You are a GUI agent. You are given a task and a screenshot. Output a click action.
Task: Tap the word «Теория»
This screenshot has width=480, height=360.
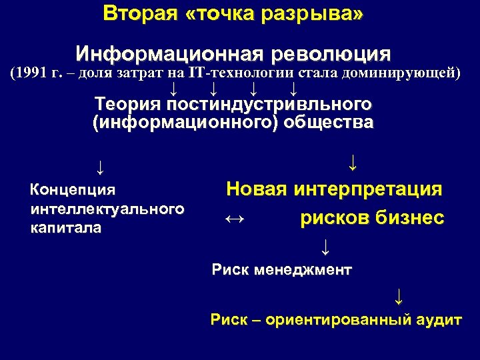128,105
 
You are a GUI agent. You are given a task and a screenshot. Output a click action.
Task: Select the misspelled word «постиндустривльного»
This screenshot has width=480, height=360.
269,105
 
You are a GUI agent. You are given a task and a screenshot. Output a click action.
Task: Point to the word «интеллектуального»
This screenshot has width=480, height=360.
107,209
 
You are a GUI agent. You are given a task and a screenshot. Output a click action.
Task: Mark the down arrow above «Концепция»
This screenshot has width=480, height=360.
99,165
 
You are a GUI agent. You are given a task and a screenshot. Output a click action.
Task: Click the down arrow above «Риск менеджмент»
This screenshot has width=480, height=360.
325,247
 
